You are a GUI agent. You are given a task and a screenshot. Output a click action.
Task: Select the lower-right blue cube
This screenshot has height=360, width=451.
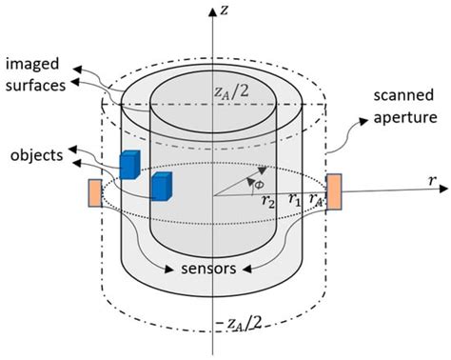(x=163, y=186)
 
